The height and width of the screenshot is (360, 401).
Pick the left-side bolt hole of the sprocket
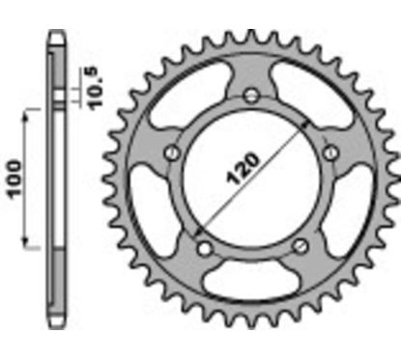[172, 152]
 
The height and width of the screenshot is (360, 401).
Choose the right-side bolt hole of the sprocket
[331, 152]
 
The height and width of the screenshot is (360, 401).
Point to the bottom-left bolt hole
[204, 247]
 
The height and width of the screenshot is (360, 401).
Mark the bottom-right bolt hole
[301, 247]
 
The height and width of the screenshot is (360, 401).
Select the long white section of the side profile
[55, 183]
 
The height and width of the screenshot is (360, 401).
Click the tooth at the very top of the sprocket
[252, 39]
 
